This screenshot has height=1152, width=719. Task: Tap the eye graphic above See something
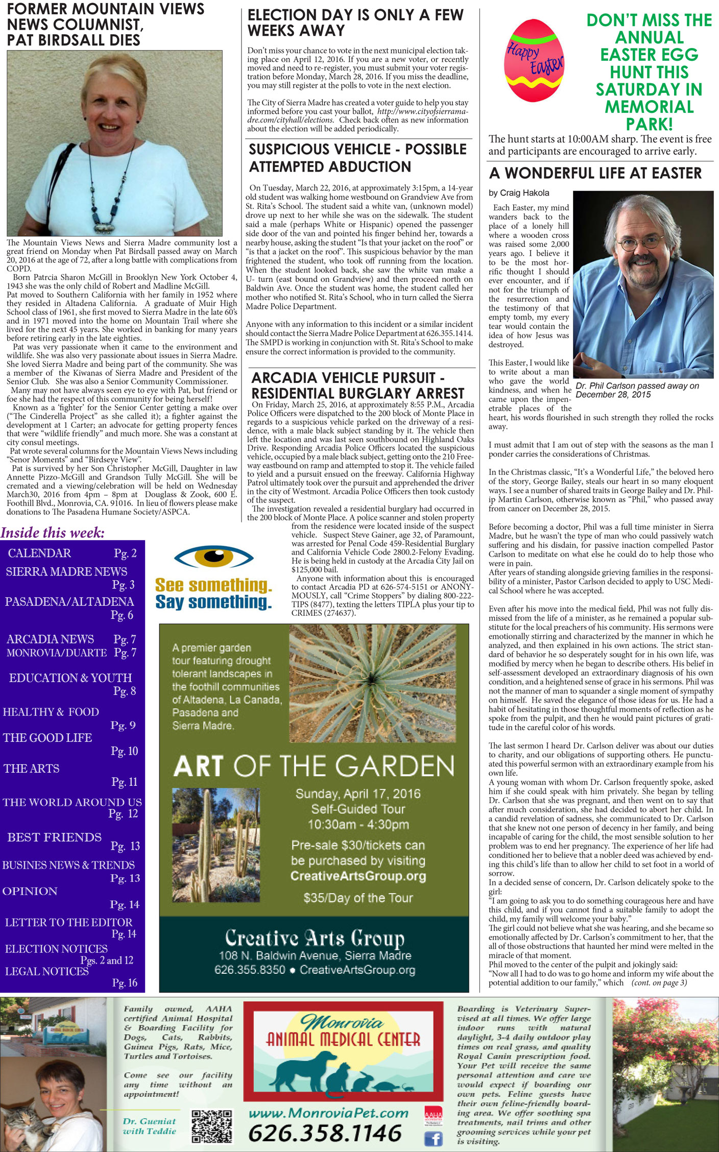(213, 558)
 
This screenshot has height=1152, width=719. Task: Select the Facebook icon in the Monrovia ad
(434, 1138)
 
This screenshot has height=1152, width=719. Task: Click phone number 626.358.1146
(325, 1133)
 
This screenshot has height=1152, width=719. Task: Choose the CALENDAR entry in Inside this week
(40, 554)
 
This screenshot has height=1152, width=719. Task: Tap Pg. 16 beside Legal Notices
(125, 982)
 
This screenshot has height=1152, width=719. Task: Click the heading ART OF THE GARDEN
(314, 766)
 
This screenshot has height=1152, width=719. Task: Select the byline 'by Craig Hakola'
(519, 193)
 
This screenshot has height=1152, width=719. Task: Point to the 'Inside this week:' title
(53, 533)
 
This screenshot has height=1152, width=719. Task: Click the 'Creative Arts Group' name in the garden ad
(315, 938)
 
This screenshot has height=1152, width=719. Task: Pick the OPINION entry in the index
(30, 891)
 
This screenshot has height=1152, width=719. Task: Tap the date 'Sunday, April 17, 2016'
(357, 794)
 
